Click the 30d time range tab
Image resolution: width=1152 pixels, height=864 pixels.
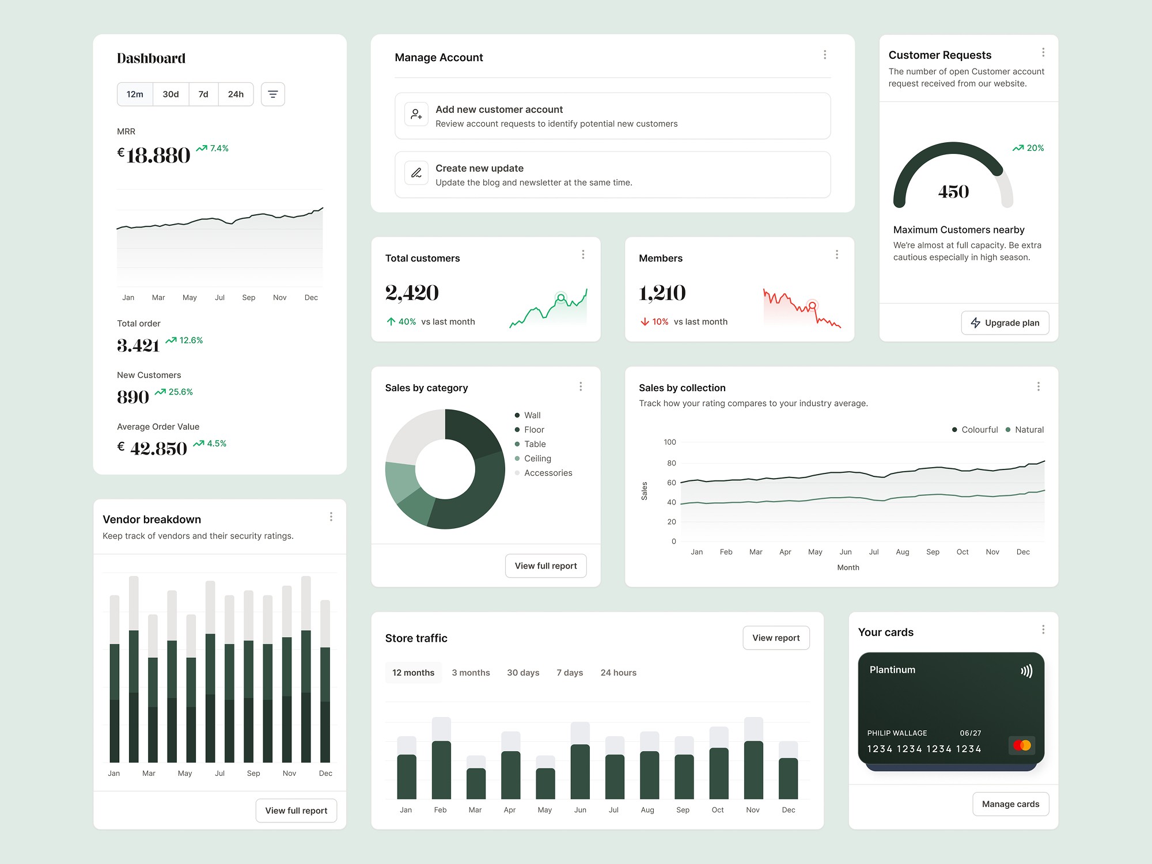click(x=170, y=94)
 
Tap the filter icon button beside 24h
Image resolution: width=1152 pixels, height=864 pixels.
click(x=273, y=94)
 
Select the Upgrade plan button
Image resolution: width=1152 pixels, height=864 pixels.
click(x=1005, y=323)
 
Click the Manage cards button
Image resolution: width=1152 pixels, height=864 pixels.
click(x=1010, y=804)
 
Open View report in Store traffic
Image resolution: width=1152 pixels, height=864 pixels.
click(x=776, y=638)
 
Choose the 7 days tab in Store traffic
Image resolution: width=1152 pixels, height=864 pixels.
click(x=570, y=673)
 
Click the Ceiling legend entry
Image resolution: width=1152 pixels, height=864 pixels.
click(x=537, y=458)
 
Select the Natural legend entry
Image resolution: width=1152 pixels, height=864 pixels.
click(x=1029, y=430)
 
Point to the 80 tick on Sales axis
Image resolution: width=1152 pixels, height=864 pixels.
click(x=672, y=463)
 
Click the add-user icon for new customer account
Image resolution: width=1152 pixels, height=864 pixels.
click(x=416, y=115)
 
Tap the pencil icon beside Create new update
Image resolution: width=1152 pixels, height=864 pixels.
click(x=416, y=173)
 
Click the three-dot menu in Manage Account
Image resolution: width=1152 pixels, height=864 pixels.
click(x=825, y=55)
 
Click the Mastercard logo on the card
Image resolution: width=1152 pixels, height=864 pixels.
click(x=1022, y=745)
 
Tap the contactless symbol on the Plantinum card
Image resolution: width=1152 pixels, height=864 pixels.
click(x=1026, y=671)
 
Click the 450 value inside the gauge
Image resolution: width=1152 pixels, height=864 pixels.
click(x=953, y=192)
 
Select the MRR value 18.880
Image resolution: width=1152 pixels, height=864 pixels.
click(x=158, y=156)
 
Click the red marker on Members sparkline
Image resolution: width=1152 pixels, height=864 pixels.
click(x=812, y=305)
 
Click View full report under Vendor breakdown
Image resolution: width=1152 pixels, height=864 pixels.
click(x=296, y=810)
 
